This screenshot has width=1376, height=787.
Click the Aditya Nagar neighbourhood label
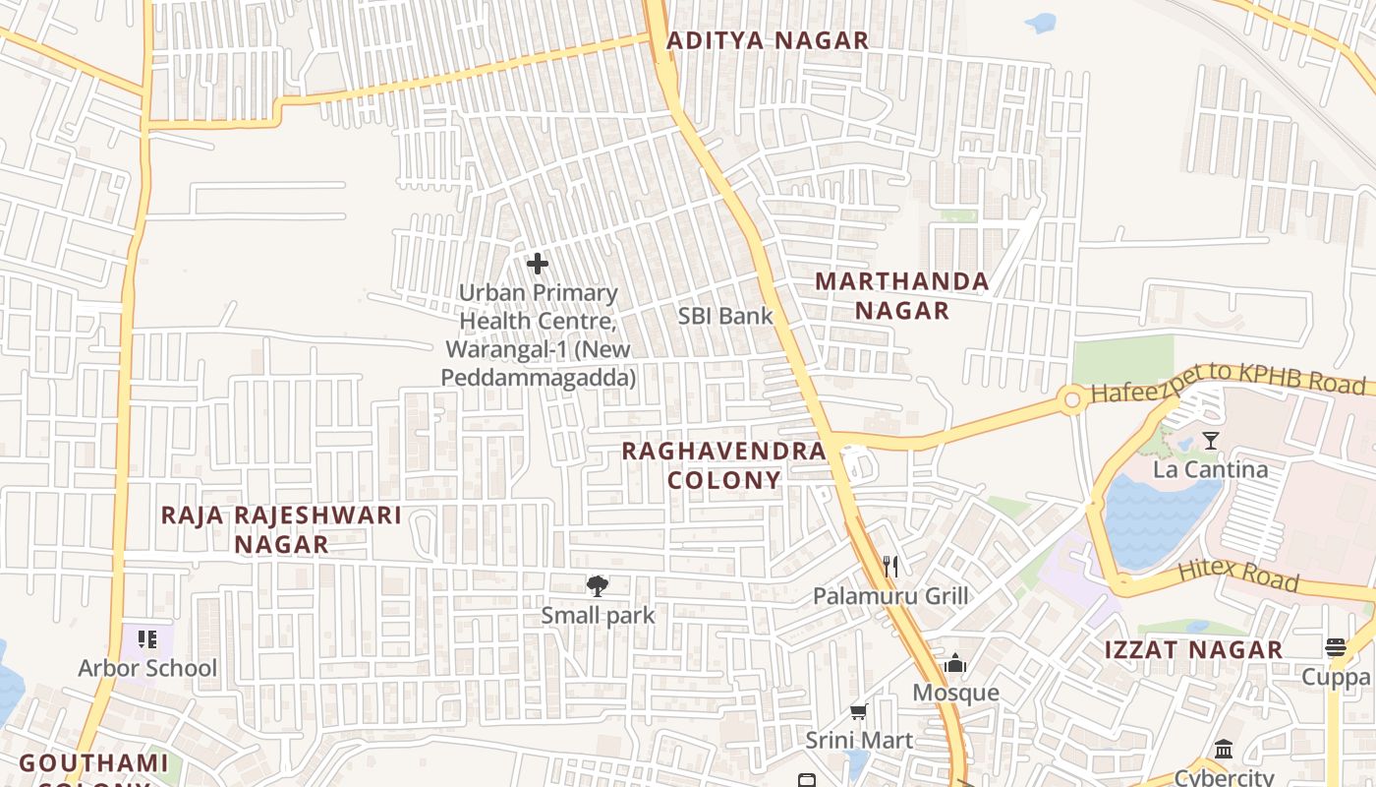click(x=768, y=40)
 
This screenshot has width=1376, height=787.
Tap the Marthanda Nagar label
click(x=901, y=295)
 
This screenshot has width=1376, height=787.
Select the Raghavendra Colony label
click(x=723, y=465)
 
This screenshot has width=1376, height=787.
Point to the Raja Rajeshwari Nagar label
click(x=281, y=529)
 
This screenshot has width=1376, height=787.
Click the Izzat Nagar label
click(x=1193, y=649)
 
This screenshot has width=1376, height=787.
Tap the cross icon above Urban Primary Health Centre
click(x=537, y=263)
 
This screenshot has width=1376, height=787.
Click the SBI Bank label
click(x=725, y=316)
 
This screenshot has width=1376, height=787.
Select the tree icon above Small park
click(x=597, y=586)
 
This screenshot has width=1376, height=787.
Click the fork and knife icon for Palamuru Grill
click(x=890, y=566)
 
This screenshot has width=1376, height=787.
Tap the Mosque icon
click(x=955, y=664)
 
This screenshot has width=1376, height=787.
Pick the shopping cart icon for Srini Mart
click(x=858, y=710)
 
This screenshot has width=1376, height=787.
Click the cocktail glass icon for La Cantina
click(x=1210, y=440)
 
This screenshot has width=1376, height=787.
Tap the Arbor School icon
click(x=147, y=639)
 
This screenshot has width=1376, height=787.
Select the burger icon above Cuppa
click(x=1335, y=647)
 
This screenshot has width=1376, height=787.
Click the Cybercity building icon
click(x=1224, y=749)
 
